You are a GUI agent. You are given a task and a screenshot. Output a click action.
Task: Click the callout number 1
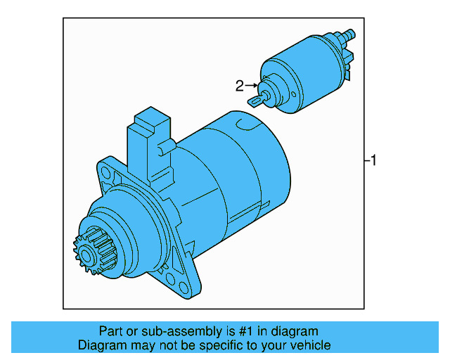coord(374,161)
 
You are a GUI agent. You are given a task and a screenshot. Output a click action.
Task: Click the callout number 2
coord(239,86)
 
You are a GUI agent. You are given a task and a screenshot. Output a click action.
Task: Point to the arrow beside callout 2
coord(252,86)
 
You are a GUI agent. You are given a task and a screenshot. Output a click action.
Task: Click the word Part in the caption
coord(110,331)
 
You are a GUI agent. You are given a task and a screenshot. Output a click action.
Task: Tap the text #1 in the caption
coord(247,331)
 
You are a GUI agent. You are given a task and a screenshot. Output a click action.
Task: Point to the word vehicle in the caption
coord(311,345)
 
